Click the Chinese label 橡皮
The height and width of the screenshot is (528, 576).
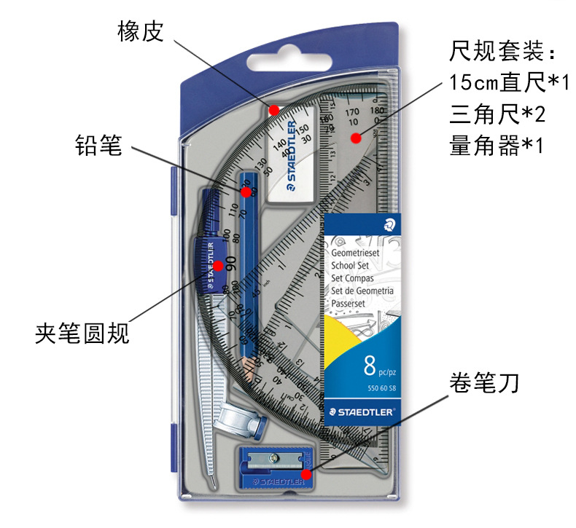click(x=140, y=31)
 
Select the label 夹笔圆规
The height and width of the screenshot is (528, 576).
click(x=82, y=334)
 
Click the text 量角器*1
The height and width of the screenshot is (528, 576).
click(x=498, y=146)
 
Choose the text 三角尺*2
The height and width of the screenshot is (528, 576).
click(x=498, y=114)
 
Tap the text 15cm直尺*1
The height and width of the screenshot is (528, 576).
click(x=509, y=83)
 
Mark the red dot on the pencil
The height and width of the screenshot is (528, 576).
click(x=246, y=192)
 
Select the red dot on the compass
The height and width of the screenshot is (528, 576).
click(x=218, y=266)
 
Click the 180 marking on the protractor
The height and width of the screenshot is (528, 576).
click(x=377, y=111)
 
